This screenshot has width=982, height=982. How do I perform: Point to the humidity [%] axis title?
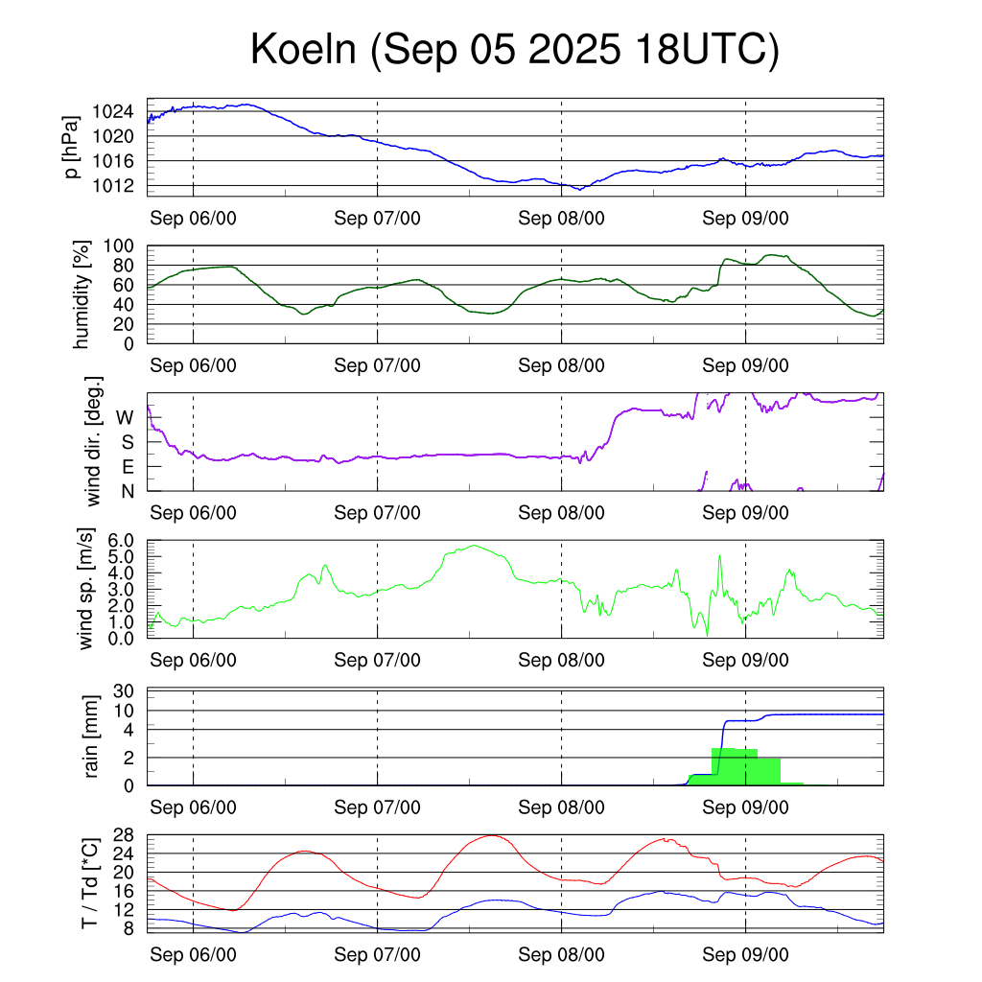(82, 294)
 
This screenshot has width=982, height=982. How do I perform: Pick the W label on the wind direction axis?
(125, 417)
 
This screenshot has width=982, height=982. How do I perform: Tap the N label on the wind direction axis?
(127, 491)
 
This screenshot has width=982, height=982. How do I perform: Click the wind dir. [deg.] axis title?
(93, 441)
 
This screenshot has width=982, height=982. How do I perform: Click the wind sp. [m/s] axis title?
(86, 589)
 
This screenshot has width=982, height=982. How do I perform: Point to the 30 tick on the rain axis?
(123, 691)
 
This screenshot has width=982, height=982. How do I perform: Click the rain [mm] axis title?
(92, 737)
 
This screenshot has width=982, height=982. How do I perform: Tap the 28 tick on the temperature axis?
(123, 834)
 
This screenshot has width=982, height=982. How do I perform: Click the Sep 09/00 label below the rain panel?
(745, 807)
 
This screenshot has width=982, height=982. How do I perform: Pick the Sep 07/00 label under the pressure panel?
(377, 218)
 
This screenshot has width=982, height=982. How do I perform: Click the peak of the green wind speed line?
(474, 546)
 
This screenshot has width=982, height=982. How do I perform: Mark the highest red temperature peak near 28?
(491, 835)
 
